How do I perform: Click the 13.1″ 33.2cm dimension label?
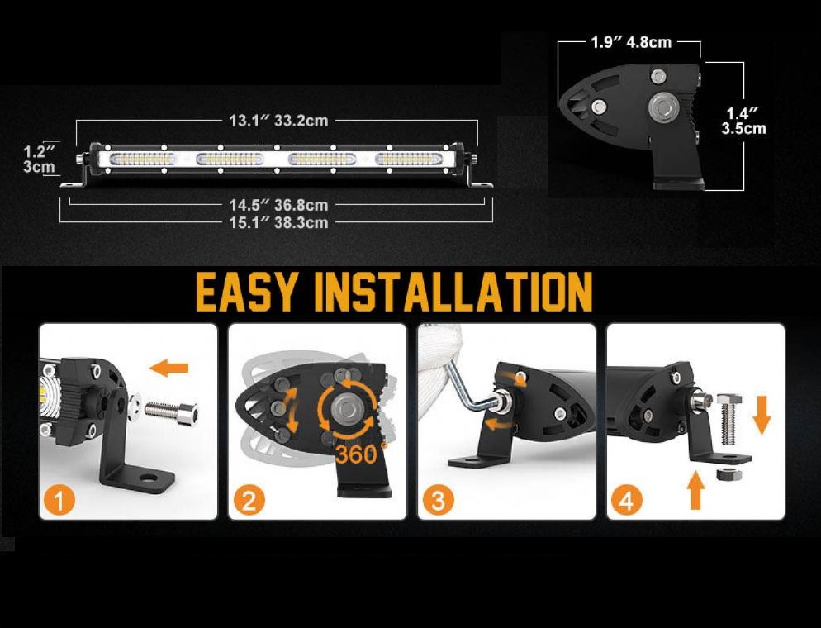pos(278,121)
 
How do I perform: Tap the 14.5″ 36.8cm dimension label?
pos(278,204)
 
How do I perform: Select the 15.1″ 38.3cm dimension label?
pos(278,222)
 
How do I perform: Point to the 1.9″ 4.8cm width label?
pos(631,42)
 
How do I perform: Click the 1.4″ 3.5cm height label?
pos(743,120)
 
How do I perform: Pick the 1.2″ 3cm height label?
pos(39,159)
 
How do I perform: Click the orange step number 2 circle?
pos(250,500)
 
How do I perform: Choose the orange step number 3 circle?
pos(439,500)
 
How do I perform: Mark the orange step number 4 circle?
pos(629,500)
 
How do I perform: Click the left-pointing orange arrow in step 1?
pos(170,367)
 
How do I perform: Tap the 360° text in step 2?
pos(356,453)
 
